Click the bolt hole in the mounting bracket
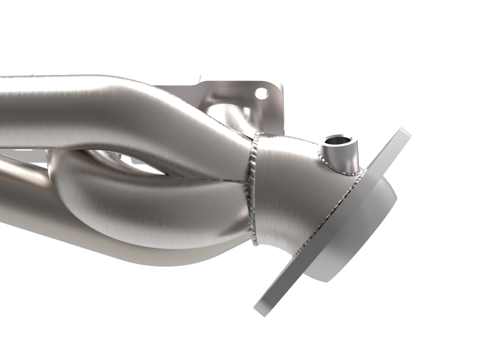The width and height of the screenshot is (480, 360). pos(261,93)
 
